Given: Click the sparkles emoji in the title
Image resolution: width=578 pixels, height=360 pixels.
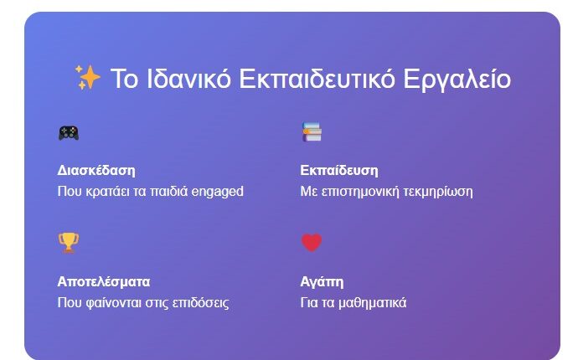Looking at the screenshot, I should coord(87,78).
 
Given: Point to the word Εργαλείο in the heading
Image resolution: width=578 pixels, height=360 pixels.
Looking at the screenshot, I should coord(457,79).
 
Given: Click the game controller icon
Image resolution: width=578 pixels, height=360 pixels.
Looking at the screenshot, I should coord(68,132).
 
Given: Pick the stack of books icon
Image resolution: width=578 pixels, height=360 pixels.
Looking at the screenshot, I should coord(312,131).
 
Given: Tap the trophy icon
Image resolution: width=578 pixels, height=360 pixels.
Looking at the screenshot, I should coord(68,243).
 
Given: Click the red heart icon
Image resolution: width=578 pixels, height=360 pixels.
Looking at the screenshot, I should coord(312,243).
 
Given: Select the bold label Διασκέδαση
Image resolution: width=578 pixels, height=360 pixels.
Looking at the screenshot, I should coord(96,171).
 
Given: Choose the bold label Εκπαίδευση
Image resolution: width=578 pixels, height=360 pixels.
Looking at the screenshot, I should coord(339,171).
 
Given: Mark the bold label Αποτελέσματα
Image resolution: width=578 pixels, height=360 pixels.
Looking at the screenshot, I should coord(104,281).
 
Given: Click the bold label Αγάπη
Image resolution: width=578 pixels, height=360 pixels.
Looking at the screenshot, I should coord(322,281).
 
